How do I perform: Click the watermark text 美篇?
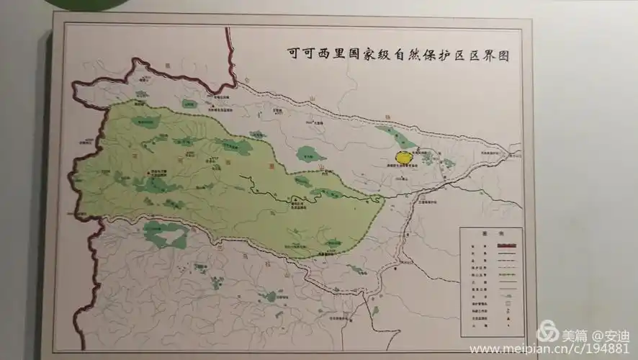pyautogui.click(x=574, y=336)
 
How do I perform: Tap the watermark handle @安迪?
pyautogui.click(x=610, y=336)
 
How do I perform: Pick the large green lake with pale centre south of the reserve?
pyautogui.click(x=165, y=234)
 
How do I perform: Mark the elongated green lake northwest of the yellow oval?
pyautogui.click(x=395, y=137)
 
